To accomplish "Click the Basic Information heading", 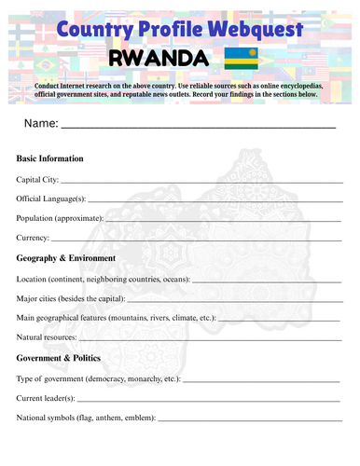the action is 50,158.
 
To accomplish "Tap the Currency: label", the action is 33,238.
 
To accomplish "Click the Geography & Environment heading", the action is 66,258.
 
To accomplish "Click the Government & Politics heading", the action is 62,358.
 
